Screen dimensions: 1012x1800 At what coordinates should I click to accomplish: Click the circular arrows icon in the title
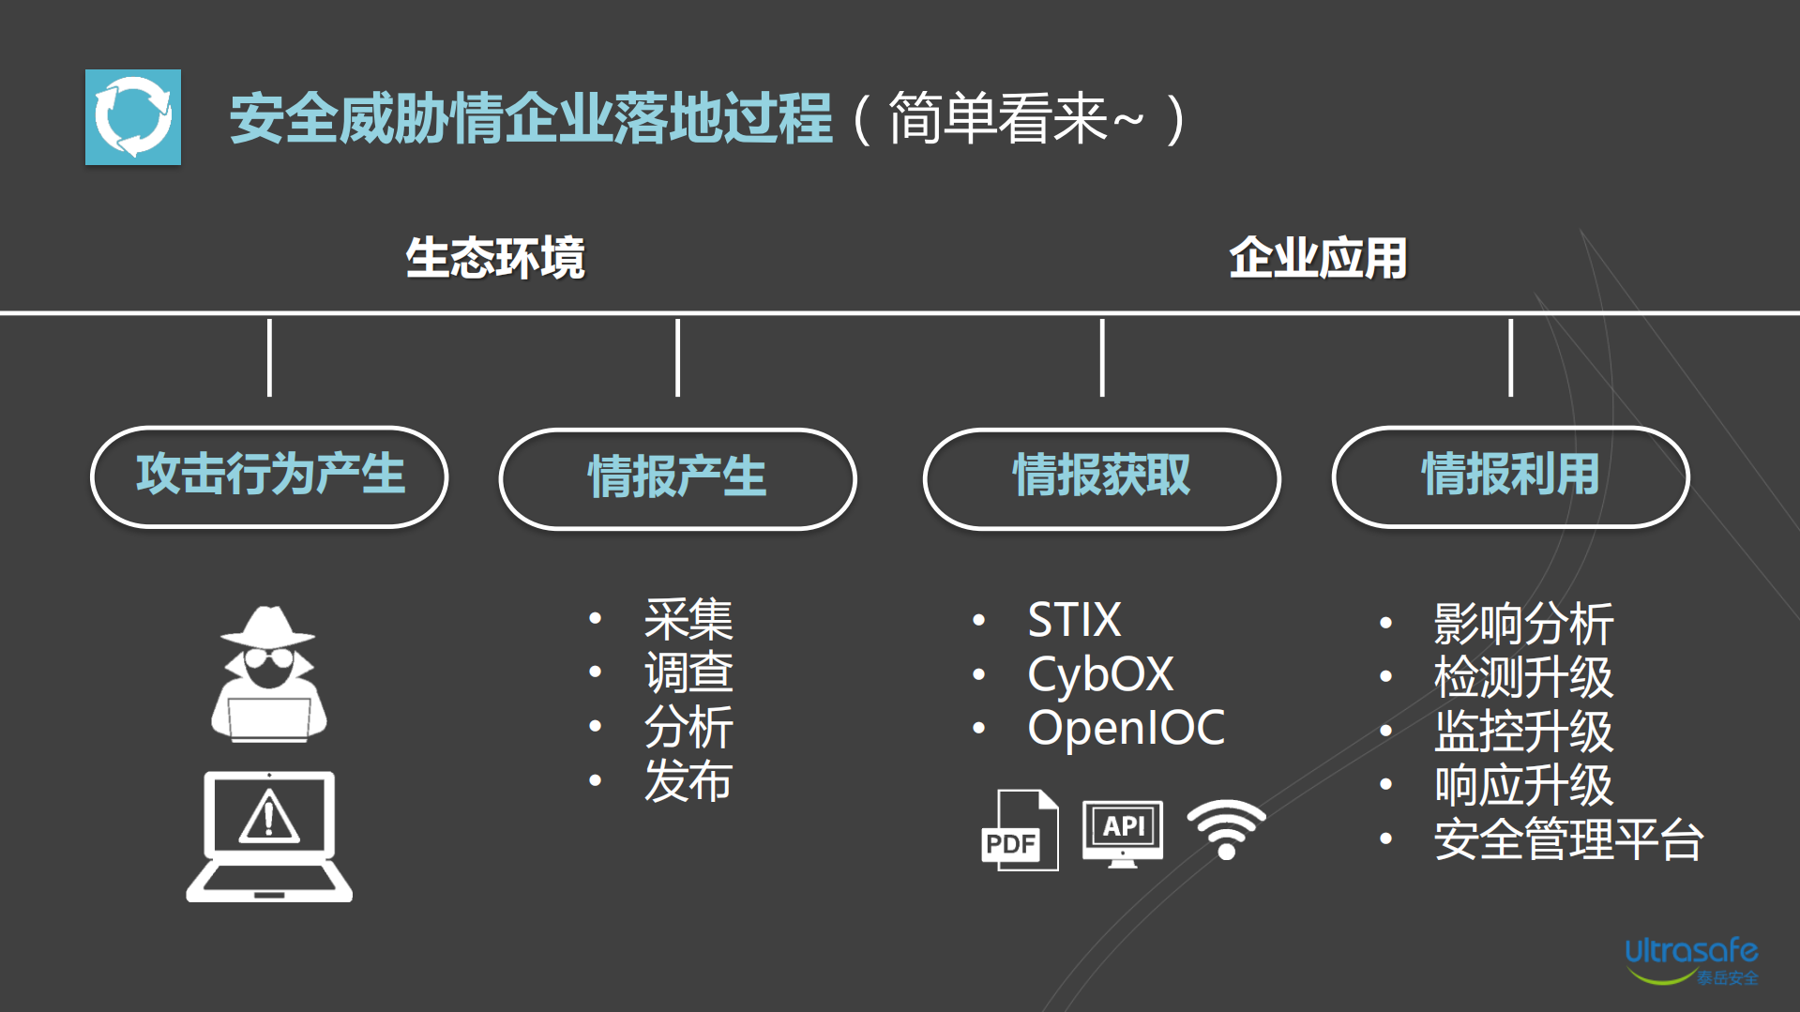(133, 117)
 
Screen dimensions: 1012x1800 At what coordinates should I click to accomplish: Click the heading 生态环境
(495, 258)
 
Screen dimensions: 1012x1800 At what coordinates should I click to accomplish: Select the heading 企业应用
(1318, 258)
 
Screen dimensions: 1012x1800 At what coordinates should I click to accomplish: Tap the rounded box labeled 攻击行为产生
(269, 476)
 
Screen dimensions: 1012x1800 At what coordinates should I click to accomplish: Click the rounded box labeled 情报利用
(1510, 476)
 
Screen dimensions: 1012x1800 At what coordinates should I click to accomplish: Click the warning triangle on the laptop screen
(269, 816)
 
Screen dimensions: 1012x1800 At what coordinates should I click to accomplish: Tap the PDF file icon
(1019, 831)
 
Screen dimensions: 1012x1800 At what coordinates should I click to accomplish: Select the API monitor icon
(1123, 832)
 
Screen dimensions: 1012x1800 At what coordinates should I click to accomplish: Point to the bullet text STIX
(1074, 620)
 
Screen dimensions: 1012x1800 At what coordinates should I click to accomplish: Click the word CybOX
(1100, 674)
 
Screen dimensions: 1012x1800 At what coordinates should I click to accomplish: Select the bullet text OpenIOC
(1126, 728)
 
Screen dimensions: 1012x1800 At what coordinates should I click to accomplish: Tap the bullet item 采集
(688, 620)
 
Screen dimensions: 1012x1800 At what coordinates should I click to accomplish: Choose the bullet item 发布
(688, 781)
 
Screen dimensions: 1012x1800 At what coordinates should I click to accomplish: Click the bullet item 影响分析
(1523, 624)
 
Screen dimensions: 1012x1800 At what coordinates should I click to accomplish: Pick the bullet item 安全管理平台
(1568, 839)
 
